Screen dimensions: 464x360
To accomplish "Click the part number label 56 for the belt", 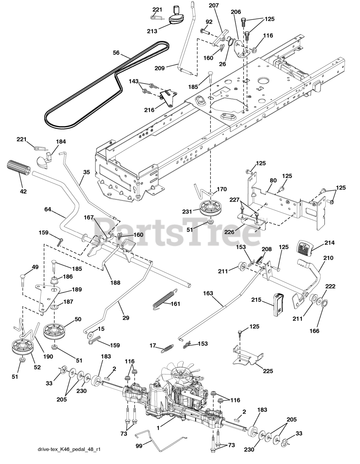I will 116,53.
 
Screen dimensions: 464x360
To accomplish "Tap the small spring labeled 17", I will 166,348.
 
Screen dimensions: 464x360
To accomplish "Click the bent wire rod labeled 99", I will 160,441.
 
